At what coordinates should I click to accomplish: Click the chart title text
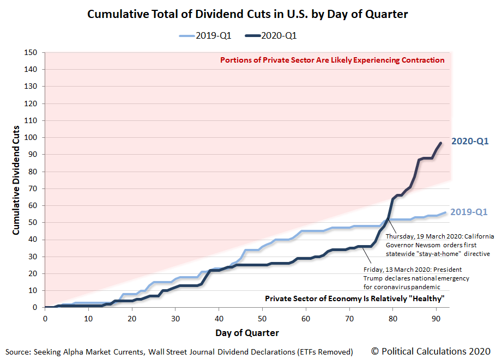pyautogui.click(x=249, y=14)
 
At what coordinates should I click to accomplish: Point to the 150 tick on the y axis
pyautogui.click(x=31, y=53)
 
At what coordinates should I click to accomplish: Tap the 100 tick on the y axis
pyautogui.click(x=31, y=138)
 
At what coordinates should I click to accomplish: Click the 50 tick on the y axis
pyautogui.click(x=33, y=223)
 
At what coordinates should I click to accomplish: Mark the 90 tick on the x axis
pyautogui.click(x=435, y=318)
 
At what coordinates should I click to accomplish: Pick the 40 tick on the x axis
pyautogui.click(x=218, y=318)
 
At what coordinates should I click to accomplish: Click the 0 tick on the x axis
pyautogui.click(x=45, y=318)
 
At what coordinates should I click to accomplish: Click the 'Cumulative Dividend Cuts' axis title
pyautogui.click(x=16, y=180)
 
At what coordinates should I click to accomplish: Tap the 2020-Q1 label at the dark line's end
pyautogui.click(x=469, y=142)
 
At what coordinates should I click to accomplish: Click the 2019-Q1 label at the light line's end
pyautogui.click(x=469, y=212)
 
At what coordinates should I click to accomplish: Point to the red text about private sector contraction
pyautogui.click(x=332, y=60)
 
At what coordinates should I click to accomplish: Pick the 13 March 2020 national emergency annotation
pyautogui.click(x=416, y=278)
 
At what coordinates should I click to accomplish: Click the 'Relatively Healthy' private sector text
pyautogui.click(x=354, y=298)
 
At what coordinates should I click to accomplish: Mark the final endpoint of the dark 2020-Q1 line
pyautogui.click(x=440, y=143)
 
